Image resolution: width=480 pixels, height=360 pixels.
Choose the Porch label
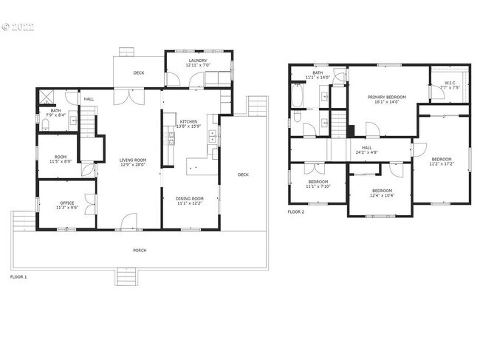pos(139,251)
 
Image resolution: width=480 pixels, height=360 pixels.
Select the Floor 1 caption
pos(18,276)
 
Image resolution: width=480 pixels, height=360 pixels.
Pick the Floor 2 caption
pos(295,211)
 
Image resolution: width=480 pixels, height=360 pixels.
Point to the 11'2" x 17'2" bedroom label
pos(442,162)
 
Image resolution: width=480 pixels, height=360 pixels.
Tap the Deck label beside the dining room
pos(243,175)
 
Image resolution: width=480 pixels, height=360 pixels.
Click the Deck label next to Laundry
pos(138,72)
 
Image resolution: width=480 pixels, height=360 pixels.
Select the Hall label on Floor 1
pos(89,99)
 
